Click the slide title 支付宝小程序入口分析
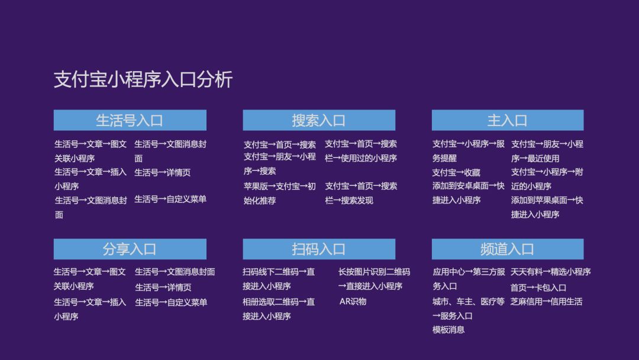(143, 79)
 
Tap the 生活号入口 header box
(130, 120)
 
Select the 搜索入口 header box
(319, 120)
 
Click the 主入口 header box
(508, 120)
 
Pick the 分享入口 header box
(130, 249)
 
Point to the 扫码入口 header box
(319, 249)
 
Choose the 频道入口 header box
(508, 249)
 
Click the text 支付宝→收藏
(456, 172)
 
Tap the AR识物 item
(353, 302)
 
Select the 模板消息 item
(448, 329)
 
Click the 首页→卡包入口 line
(538, 287)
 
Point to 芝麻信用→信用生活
(547, 302)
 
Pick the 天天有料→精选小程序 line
(551, 272)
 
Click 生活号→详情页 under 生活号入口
(163, 172)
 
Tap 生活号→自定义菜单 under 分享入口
(171, 302)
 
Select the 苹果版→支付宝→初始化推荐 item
(279, 193)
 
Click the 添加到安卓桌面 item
(468, 193)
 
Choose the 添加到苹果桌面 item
(547, 207)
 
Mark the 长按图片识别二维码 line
(374, 279)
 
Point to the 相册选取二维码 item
(279, 309)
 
